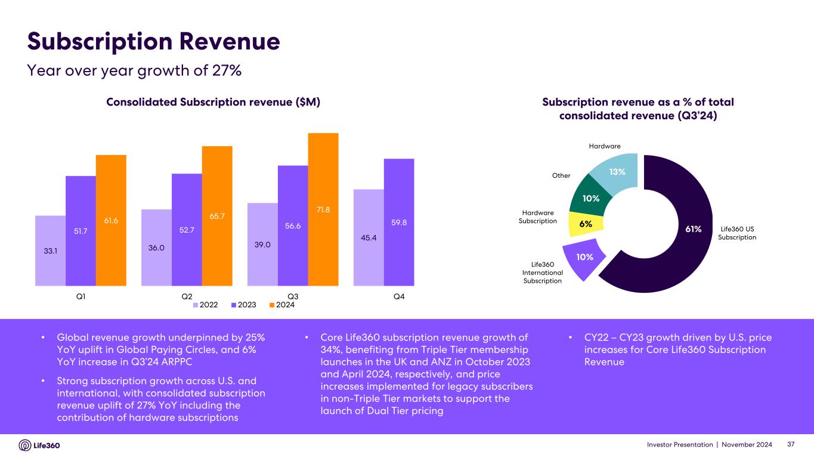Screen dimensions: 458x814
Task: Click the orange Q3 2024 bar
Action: click(x=323, y=209)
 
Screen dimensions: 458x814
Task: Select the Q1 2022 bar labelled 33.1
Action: click(x=51, y=250)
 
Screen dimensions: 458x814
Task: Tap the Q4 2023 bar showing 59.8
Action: click(x=399, y=222)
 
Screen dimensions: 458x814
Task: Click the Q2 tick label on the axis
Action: click(x=186, y=296)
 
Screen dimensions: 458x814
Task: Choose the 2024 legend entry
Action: click(x=281, y=305)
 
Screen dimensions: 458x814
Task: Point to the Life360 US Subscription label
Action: click(x=736, y=233)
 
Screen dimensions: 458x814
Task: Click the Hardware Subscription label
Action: click(x=538, y=216)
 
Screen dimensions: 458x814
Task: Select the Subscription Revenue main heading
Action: click(x=154, y=41)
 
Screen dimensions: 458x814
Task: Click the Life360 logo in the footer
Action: click(x=39, y=445)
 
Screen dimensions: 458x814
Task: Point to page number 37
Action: click(x=791, y=445)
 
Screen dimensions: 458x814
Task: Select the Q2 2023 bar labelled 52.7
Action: click(x=187, y=230)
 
